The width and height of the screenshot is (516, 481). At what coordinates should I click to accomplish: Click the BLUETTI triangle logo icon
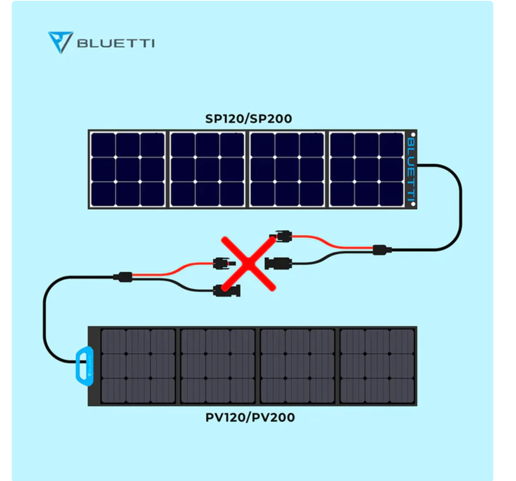(x=60, y=42)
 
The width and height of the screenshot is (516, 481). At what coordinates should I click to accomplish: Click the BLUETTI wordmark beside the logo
(x=116, y=43)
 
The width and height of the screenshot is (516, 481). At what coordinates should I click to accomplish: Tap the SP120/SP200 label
(x=249, y=119)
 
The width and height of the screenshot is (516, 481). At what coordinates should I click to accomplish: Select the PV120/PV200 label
(x=250, y=417)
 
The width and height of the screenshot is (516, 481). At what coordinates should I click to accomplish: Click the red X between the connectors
(x=249, y=264)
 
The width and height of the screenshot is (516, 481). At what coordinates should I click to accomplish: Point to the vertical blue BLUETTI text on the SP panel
(x=411, y=169)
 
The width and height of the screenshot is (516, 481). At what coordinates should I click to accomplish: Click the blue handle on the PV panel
(x=84, y=366)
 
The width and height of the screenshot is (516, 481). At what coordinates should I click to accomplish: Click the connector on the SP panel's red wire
(x=283, y=236)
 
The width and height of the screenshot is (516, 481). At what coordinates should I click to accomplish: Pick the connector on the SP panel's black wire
(x=278, y=263)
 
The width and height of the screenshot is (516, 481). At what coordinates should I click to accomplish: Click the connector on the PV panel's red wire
(x=222, y=263)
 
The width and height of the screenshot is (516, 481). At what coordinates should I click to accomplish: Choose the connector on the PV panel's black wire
(x=227, y=291)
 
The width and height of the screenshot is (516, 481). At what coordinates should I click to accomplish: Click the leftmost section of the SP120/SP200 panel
(x=128, y=169)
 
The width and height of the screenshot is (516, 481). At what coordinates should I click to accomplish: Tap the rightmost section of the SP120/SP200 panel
(x=366, y=169)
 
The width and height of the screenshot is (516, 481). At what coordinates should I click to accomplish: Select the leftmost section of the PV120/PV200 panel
(x=138, y=366)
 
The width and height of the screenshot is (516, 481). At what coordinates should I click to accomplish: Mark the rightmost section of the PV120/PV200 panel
(x=377, y=366)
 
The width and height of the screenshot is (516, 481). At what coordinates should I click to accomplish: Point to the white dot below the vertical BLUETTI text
(x=413, y=204)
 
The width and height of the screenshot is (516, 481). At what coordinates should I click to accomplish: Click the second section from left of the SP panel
(x=207, y=169)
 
